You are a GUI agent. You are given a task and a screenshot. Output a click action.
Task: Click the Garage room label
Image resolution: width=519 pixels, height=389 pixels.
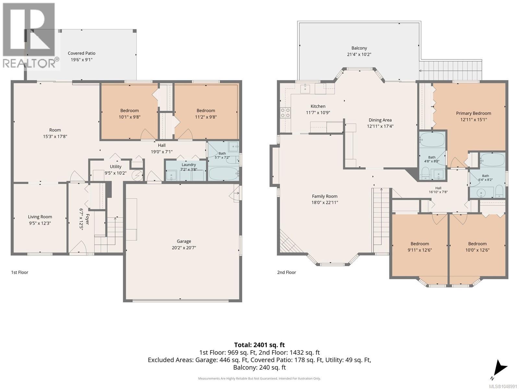[x=184, y=241]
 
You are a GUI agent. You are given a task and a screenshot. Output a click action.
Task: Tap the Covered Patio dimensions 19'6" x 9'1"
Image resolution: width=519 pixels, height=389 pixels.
[x=81, y=60]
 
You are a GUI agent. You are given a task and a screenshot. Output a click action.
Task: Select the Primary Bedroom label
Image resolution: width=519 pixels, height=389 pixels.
[x=473, y=113]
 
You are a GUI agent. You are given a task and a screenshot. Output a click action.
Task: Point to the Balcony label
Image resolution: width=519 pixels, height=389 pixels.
[x=359, y=48]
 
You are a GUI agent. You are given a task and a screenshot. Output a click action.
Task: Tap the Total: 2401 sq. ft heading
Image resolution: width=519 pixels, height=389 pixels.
[x=259, y=345]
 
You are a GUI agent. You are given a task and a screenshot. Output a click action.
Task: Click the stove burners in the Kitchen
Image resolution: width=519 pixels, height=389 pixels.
[x=285, y=112]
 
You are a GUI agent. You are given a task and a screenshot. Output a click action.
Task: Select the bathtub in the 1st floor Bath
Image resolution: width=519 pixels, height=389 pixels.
[x=224, y=174]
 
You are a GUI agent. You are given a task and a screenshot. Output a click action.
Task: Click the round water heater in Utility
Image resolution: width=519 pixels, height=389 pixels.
[x=137, y=175]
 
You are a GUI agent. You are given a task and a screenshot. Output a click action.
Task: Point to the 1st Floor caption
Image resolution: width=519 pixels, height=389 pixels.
[x=20, y=272]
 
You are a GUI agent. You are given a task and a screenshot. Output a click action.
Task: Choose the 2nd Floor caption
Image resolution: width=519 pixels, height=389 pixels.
[x=286, y=272]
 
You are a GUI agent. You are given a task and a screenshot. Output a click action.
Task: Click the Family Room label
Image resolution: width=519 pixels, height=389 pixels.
[x=324, y=196]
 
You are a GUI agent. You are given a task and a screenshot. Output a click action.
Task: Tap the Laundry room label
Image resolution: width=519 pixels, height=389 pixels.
[x=188, y=165]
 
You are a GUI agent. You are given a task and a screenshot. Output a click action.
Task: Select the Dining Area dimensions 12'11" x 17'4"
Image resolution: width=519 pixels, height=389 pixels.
[x=380, y=126]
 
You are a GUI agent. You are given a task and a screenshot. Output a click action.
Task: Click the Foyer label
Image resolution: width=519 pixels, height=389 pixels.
[x=87, y=219]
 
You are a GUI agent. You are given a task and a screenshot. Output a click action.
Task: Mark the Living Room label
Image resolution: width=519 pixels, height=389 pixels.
[x=40, y=217]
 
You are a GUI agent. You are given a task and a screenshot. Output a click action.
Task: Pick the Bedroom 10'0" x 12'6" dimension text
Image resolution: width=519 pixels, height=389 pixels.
[x=477, y=250]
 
